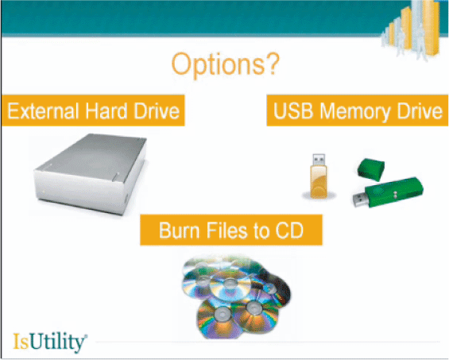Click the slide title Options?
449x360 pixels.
225,64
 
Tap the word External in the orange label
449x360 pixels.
43,110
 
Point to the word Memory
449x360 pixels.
355,112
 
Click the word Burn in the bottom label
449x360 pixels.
179,230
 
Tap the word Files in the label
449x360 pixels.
226,230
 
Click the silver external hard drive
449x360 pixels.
91,173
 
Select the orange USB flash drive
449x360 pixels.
319,176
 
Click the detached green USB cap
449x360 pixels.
371,169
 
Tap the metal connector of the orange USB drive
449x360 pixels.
319,160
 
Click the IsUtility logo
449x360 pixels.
50,343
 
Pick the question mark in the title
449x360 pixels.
272,64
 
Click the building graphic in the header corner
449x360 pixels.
412,29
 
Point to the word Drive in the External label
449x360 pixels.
157,110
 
